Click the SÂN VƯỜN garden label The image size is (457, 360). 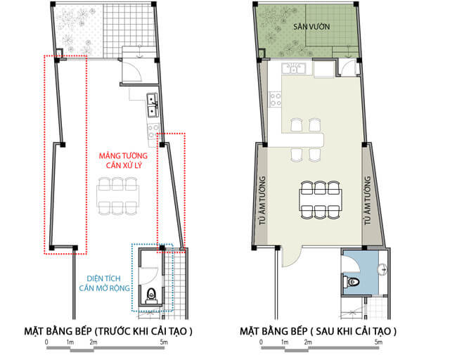tap(311, 27)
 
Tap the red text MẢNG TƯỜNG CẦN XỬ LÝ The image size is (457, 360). tap(123, 160)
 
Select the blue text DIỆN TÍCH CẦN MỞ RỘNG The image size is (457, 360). tap(104, 283)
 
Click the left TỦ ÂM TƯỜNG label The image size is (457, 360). tap(263, 200)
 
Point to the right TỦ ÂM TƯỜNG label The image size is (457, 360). tap(368, 200)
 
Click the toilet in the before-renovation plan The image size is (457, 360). tap(150, 295)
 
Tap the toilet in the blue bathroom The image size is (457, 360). tap(351, 281)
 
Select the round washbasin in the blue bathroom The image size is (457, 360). tap(382, 269)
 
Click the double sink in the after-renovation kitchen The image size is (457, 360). tap(293, 69)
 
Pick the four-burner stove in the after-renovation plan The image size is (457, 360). tap(275, 99)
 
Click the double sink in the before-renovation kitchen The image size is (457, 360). tap(153, 105)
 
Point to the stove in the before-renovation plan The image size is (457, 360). tap(153, 131)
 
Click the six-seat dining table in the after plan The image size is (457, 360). tap(321, 200)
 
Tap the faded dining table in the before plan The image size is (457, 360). tap(117, 196)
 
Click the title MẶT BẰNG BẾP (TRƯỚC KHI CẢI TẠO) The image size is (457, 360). tap(108, 331)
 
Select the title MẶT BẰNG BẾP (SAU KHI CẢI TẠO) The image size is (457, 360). tap(318, 331)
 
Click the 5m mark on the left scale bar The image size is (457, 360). tap(164, 342)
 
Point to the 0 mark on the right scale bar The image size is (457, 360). tap(261, 342)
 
